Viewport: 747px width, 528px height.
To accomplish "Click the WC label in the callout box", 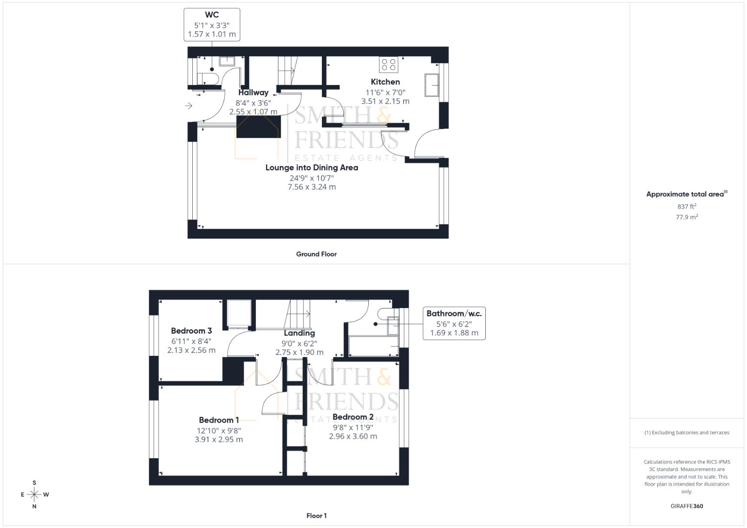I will (x=212, y=15).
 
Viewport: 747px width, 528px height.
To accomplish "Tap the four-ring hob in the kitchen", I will (x=388, y=65).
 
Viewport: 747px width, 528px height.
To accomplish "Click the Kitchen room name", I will (x=385, y=82).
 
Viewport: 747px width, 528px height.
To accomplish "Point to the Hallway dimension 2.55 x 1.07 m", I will (x=253, y=112).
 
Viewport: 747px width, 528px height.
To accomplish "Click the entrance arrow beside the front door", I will (x=189, y=106).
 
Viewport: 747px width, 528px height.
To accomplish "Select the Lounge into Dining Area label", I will (x=312, y=168).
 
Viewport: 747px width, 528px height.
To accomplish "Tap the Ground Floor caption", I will (x=316, y=254).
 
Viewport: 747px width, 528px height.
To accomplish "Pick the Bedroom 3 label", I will (x=191, y=331).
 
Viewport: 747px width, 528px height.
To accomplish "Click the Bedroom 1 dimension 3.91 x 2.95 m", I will (x=219, y=440).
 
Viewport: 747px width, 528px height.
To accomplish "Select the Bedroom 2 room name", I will (x=353, y=417).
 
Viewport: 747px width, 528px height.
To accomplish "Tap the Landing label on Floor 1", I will (x=299, y=333).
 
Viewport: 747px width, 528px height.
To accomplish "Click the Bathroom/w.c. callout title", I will (x=453, y=314).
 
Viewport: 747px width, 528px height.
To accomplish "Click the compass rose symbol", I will (x=34, y=495).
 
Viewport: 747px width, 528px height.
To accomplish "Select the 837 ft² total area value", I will (x=686, y=207).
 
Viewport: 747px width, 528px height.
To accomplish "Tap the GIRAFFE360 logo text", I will (x=686, y=506).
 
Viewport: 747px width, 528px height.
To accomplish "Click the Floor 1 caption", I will (x=316, y=516).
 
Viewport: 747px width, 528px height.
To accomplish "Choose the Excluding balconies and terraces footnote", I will (x=686, y=433).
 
